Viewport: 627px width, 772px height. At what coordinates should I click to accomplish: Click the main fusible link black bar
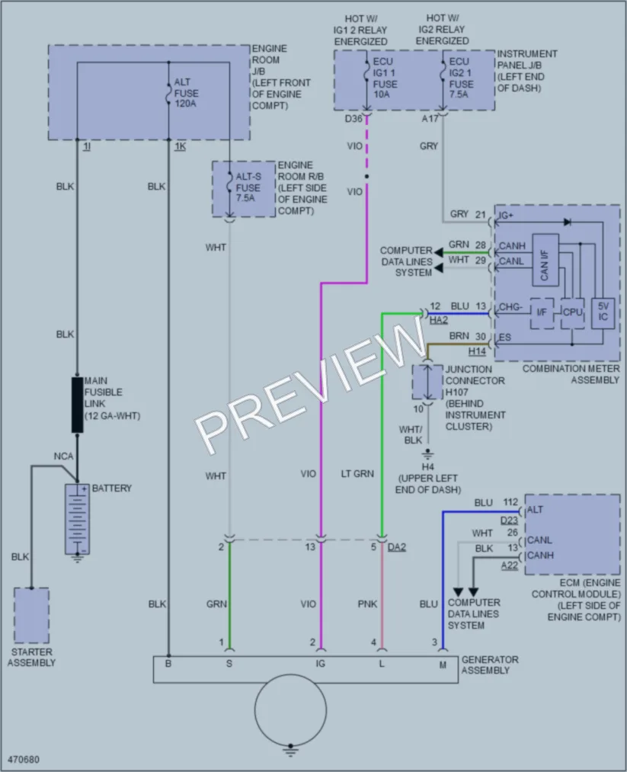(x=77, y=405)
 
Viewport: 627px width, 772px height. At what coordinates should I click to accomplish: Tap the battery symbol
(x=77, y=519)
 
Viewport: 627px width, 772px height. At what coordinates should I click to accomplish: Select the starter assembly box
(x=31, y=615)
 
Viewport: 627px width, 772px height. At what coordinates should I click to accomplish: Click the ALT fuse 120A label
(x=186, y=92)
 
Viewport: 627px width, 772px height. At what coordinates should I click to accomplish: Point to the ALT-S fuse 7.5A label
(x=248, y=187)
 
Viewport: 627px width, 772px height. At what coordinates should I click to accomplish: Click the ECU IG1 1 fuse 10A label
(x=385, y=78)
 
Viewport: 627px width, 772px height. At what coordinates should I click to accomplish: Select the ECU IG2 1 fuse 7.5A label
(x=461, y=78)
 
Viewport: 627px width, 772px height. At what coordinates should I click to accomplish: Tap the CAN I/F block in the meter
(x=545, y=260)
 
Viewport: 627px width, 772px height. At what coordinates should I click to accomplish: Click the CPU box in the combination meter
(x=572, y=312)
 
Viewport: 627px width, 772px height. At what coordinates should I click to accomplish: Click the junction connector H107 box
(x=427, y=382)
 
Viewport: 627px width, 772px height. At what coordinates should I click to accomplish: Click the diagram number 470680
(x=23, y=759)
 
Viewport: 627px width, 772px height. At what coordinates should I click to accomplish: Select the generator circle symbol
(x=290, y=710)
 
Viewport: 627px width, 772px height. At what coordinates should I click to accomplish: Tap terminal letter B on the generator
(x=168, y=665)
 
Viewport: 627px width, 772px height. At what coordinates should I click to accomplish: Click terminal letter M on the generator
(x=443, y=665)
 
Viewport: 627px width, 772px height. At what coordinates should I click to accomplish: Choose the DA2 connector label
(x=397, y=547)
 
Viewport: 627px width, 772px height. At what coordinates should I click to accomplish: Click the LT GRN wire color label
(x=357, y=473)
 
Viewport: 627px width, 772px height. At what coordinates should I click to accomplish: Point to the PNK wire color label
(x=367, y=604)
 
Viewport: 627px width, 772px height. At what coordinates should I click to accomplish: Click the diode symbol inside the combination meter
(x=567, y=222)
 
